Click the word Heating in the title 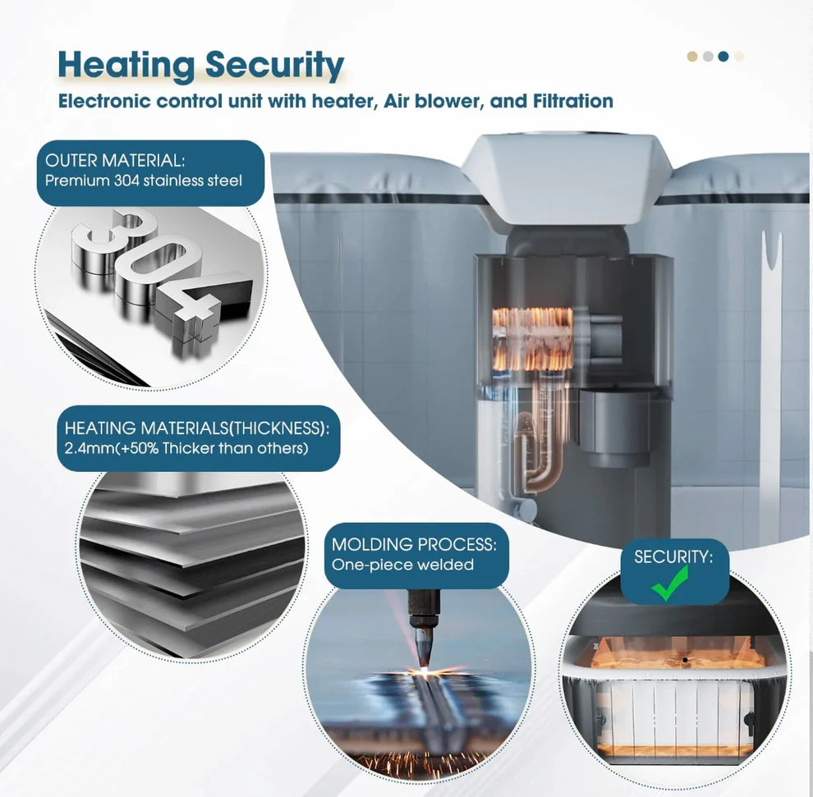coord(126,66)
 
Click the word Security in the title coord(274,65)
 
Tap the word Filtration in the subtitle coord(573,100)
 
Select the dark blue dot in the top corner coord(723,57)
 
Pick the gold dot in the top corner coord(692,57)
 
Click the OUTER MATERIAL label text coord(115,161)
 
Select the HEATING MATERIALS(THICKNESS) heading coord(196,428)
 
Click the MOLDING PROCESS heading coord(414,545)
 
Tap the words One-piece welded coord(402,565)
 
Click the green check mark coord(670,584)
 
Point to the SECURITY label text coord(673,557)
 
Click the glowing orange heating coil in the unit coord(532,339)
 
